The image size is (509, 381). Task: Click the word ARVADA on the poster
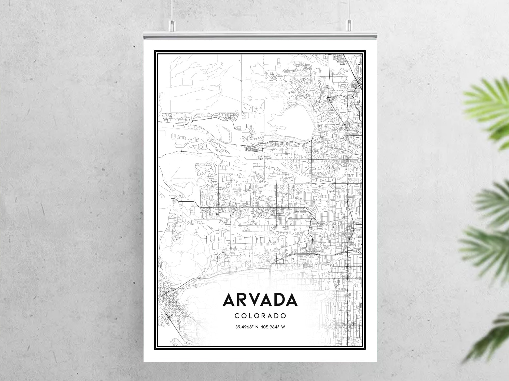[x=260, y=300]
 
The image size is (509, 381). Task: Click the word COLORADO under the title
[x=260, y=316]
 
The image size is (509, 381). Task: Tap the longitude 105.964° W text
[x=273, y=327]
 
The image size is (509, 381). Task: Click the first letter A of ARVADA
[x=229, y=300]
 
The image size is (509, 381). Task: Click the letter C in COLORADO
[x=236, y=316]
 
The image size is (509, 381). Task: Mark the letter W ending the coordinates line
[x=283, y=327]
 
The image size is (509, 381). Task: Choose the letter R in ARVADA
[x=243, y=300]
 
